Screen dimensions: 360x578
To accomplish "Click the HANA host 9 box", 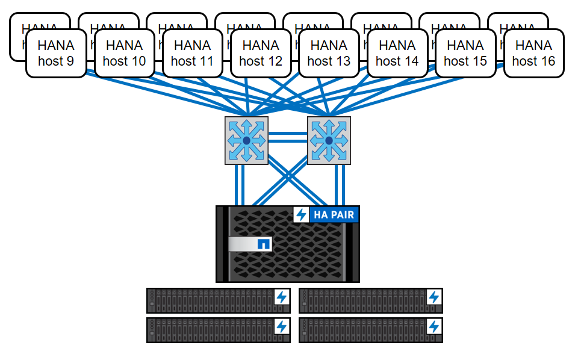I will click(x=56, y=53).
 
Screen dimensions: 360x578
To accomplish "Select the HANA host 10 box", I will click(x=124, y=53).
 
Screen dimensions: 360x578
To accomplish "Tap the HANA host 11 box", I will click(x=192, y=53).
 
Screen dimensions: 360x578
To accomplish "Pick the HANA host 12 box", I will click(x=261, y=53).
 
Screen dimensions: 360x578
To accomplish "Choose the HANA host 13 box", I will click(x=329, y=53).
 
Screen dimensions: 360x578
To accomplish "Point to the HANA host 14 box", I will click(x=397, y=53).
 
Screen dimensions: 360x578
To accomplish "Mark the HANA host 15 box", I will click(x=465, y=53).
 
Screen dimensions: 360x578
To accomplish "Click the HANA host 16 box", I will click(x=533, y=53).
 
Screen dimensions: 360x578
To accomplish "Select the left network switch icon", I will click(x=246, y=140).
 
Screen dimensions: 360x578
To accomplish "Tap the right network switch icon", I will click(x=329, y=140).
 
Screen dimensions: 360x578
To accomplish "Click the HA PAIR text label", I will click(x=334, y=215).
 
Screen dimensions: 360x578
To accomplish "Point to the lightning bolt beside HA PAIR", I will click(x=301, y=215).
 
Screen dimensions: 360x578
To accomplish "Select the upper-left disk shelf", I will click(x=218, y=300).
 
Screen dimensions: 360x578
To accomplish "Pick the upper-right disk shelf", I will click(x=370, y=300).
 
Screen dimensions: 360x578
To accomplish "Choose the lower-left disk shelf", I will click(x=218, y=330).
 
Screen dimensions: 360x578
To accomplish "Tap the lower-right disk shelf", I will click(x=370, y=330).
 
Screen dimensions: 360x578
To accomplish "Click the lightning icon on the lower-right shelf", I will click(x=433, y=327).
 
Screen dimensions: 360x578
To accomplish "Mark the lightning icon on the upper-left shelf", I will click(x=281, y=297).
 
